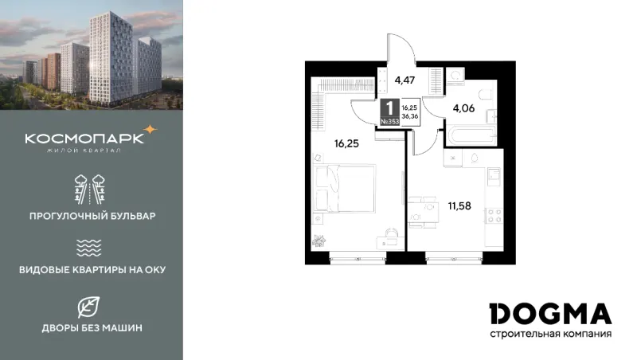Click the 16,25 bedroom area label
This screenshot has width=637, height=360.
point(346,144)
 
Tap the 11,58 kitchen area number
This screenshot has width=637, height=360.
point(459,206)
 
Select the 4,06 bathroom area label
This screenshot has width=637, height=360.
point(463,108)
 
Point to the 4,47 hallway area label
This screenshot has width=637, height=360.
point(404,80)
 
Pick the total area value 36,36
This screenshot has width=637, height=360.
point(410,116)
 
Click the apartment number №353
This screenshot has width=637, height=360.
point(390,121)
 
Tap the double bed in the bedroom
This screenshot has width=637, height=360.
point(345,188)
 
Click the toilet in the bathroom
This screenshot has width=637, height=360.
point(485,95)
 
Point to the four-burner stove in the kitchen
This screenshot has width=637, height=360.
point(494,216)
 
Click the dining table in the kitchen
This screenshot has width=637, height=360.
point(424,212)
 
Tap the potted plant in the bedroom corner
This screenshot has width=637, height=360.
point(318,241)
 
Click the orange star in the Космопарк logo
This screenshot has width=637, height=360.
point(150,130)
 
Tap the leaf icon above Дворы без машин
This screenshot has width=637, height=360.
point(88,307)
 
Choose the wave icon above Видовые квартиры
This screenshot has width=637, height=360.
point(88,248)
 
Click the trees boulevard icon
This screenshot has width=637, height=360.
point(90,190)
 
